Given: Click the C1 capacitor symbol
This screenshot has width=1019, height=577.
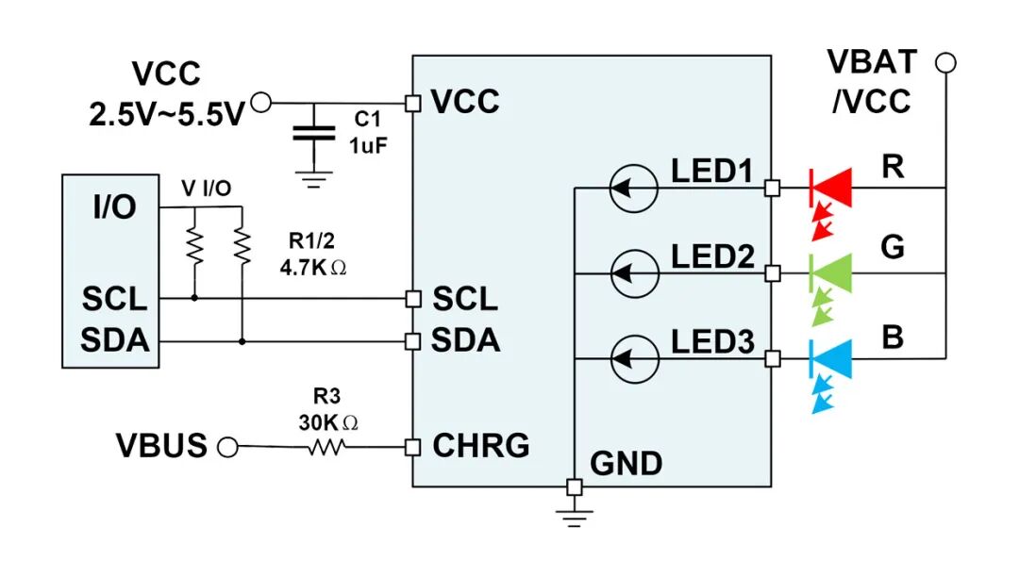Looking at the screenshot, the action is tap(314, 134).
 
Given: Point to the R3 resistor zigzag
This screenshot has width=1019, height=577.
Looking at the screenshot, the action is tap(326, 447).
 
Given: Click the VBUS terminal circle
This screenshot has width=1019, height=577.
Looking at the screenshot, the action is tap(227, 447).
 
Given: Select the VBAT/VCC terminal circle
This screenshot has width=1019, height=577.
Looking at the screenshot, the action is tap(945, 63).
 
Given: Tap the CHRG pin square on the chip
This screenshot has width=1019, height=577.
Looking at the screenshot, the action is tap(412, 447).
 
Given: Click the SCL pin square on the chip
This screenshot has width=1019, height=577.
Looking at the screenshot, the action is tap(412, 299).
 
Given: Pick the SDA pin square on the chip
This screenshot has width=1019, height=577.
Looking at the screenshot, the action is tap(412, 340).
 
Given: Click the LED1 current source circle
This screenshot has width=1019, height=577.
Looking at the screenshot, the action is tap(634, 189).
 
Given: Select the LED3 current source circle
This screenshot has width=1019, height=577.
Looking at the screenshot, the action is tap(634, 358).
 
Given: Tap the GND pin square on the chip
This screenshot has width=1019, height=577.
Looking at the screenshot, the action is tap(575, 486).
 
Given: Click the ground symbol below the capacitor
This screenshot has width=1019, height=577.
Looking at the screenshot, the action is tap(314, 179).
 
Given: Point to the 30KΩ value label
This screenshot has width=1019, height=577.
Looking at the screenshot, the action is tap(328, 423).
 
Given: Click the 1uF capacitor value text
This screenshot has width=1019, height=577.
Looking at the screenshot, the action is tap(368, 145).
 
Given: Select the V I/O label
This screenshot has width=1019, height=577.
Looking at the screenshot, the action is tap(207, 189).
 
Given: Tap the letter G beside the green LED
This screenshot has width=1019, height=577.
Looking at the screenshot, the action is tap(893, 247).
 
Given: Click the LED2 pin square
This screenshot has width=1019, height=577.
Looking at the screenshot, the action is tap(772, 273).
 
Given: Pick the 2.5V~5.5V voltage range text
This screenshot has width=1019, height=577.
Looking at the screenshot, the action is tap(166, 115).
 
